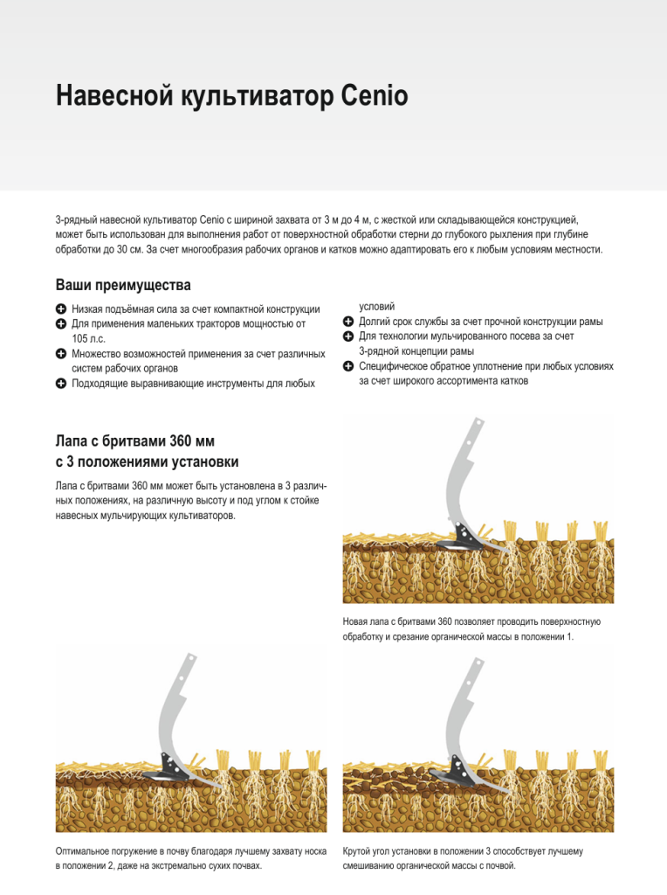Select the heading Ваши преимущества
tap(123, 286)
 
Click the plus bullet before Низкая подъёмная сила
tap(60, 309)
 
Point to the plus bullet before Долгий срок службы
tap(347, 322)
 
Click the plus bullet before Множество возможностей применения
tap(60, 354)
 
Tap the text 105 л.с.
tap(89, 339)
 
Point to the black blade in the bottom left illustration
tap(170, 769)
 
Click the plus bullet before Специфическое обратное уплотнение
tap(347, 366)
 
